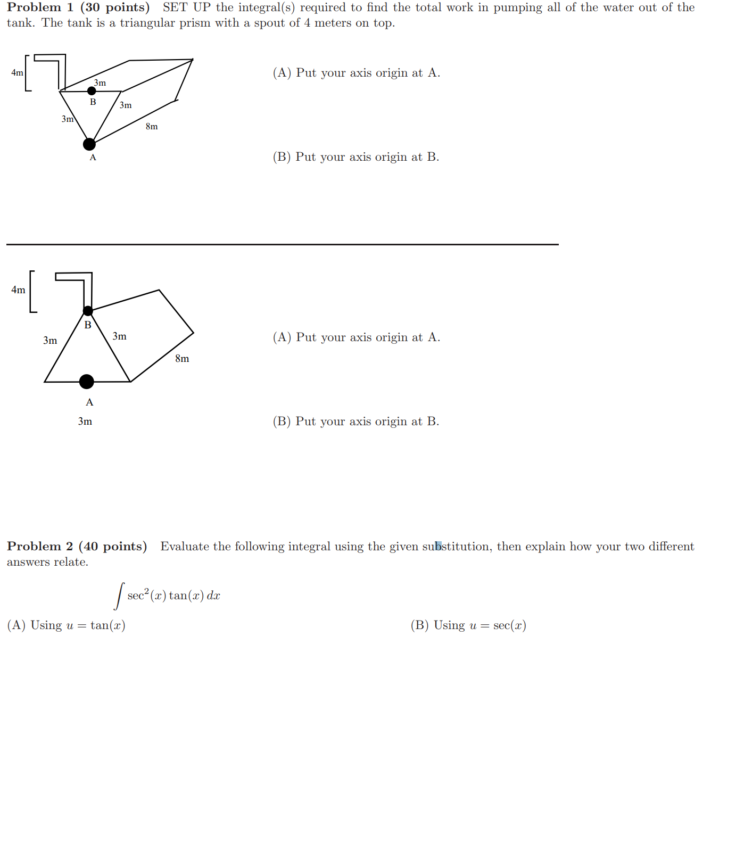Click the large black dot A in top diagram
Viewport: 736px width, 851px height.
click(89, 144)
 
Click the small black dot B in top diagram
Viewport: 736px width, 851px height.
click(92, 91)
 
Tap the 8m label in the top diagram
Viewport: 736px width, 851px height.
click(152, 127)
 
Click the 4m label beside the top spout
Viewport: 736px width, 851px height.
click(17, 73)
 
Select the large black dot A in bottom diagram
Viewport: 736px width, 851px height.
click(87, 382)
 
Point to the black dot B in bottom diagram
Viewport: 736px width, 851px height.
click(88, 311)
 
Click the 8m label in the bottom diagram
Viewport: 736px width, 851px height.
click(182, 359)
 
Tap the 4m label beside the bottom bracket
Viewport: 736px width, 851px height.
click(18, 290)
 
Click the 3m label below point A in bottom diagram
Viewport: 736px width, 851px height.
click(85, 422)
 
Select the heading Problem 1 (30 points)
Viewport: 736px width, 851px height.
click(78, 7)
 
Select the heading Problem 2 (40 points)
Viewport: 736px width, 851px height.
click(77, 547)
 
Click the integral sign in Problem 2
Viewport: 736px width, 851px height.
click(120, 596)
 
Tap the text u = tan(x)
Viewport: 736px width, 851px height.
click(96, 625)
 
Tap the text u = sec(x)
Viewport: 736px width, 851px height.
click(498, 625)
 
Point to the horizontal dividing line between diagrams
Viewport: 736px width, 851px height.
click(282, 244)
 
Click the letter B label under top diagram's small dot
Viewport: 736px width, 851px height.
click(93, 102)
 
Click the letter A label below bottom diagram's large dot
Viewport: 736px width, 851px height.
click(89, 402)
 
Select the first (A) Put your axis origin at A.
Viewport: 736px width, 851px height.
click(356, 73)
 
